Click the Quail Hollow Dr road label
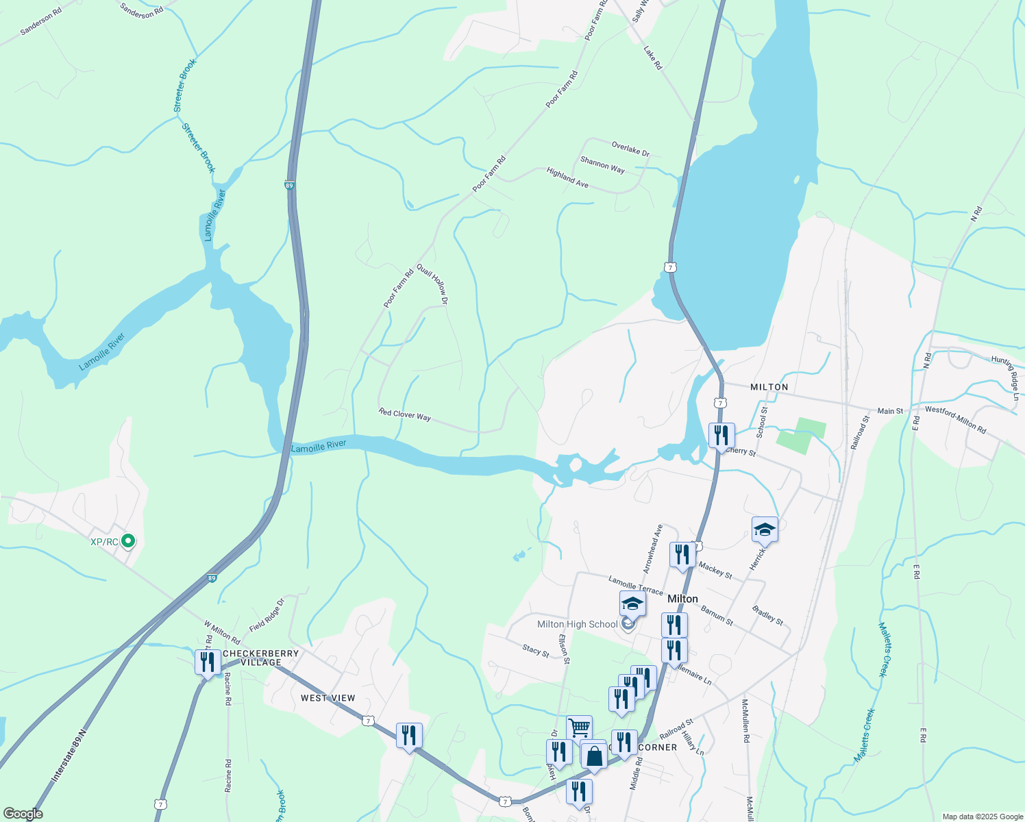point(433,285)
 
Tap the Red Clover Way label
point(405,414)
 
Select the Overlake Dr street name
point(630,149)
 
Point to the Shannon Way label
point(602,164)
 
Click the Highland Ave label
point(567,178)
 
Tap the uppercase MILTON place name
point(769,387)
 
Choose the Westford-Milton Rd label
point(955,419)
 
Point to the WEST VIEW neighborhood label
point(328,698)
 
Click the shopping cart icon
point(579,727)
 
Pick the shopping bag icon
point(594,756)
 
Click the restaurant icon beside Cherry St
point(721,435)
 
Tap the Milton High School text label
point(578,624)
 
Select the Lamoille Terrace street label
point(636,584)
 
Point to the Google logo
point(23,814)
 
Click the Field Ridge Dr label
point(267,615)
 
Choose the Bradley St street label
point(767,614)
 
